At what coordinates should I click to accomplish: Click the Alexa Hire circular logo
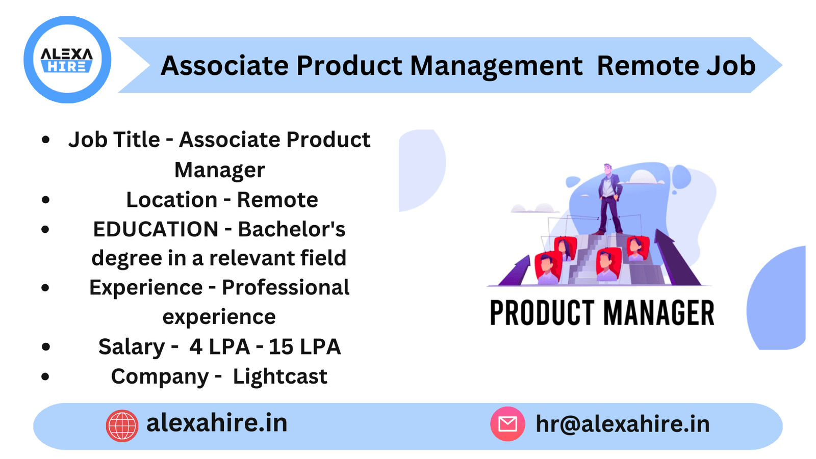[x=67, y=60]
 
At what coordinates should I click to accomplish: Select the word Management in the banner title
[x=496, y=66]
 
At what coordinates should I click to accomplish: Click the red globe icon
[x=122, y=425]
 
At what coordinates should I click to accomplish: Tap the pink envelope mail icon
[x=507, y=424]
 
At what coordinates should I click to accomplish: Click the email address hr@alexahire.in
[x=622, y=424]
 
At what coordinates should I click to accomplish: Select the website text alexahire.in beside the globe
[x=217, y=423]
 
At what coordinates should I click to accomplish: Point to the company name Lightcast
[x=280, y=376]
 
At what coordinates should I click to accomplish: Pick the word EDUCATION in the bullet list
[x=156, y=229]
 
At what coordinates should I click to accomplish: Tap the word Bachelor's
[x=292, y=229]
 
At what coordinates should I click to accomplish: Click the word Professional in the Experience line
[x=286, y=288]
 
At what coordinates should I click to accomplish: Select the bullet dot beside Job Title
[x=46, y=140]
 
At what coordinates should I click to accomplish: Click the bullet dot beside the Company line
[x=46, y=377]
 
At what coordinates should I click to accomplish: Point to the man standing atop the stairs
[x=609, y=199]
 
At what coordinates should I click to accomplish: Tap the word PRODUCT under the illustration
[x=543, y=313]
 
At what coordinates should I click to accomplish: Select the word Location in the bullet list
[x=172, y=200]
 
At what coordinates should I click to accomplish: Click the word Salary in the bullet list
[x=132, y=347]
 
